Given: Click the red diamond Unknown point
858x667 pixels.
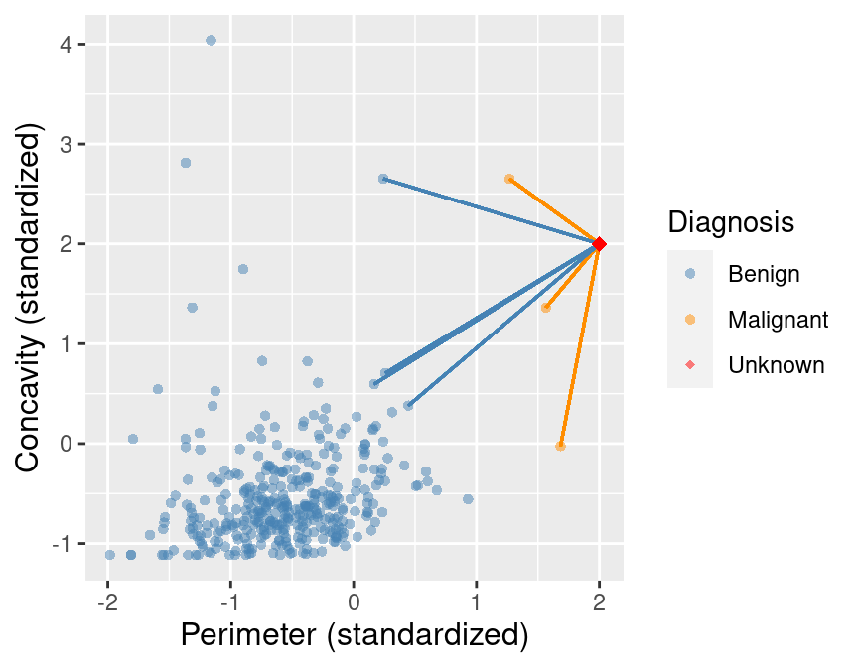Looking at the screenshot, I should [599, 244].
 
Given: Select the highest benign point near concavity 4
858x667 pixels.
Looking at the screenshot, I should [211, 40].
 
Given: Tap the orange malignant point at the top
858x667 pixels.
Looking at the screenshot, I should [509, 179].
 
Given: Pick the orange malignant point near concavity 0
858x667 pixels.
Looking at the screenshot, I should [560, 447].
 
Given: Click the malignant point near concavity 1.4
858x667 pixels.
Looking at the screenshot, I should [546, 308].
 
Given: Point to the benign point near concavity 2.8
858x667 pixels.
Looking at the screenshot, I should [186, 163].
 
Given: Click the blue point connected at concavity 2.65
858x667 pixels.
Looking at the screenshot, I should [383, 179].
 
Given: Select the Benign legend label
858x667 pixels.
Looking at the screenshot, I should [763, 272].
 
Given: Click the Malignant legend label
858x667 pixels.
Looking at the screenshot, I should [778, 319].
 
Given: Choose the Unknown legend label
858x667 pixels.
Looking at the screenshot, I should [776, 365].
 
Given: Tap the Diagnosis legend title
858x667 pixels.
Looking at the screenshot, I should [731, 222].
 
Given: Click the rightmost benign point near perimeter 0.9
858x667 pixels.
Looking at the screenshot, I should [468, 499].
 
